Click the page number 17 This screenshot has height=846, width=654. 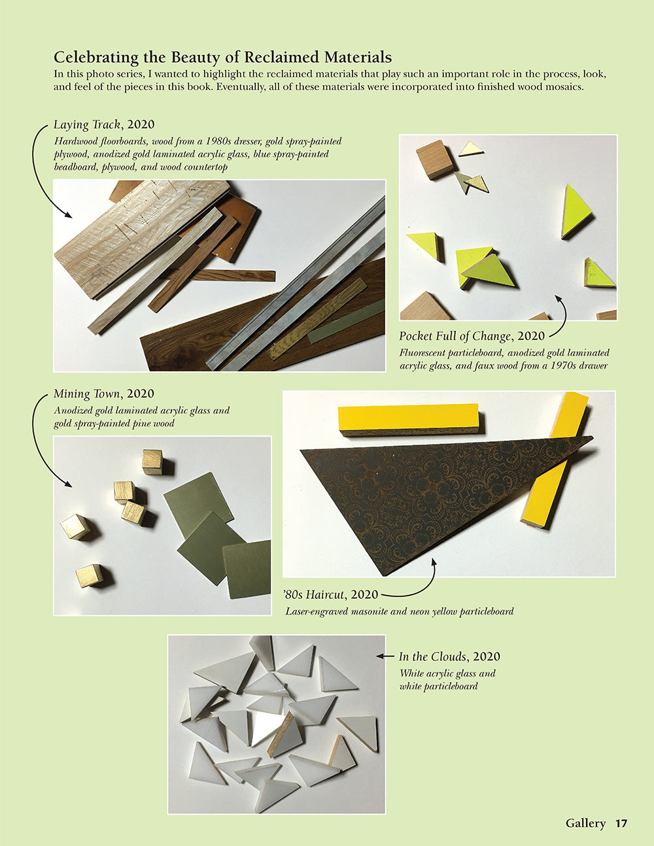tap(621, 823)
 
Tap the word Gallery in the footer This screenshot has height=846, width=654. tap(585, 823)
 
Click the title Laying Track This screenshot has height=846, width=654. tap(87, 125)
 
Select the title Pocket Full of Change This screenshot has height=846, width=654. tap(455, 336)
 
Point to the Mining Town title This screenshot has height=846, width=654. tap(87, 394)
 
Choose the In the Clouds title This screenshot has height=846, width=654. tap(432, 656)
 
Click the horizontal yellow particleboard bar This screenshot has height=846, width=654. tap(408, 419)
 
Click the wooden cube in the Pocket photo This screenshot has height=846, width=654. tap(434, 159)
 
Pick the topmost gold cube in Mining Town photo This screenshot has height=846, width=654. tap(152, 461)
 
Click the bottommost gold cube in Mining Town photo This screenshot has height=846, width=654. tap(89, 576)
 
